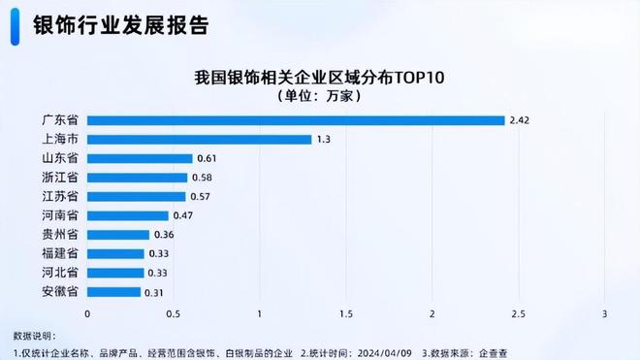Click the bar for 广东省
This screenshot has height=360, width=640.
(296, 120)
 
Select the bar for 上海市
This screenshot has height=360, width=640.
(200, 140)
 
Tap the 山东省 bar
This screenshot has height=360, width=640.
(140, 158)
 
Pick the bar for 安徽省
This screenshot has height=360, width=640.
(114, 291)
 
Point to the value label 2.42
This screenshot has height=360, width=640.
(520, 120)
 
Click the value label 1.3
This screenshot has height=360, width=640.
(323, 140)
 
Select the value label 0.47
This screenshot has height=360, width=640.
(182, 215)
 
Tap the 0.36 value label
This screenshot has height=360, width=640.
(163, 235)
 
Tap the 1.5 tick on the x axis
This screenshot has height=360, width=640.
(345, 314)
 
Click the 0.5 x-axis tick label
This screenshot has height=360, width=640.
(173, 314)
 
